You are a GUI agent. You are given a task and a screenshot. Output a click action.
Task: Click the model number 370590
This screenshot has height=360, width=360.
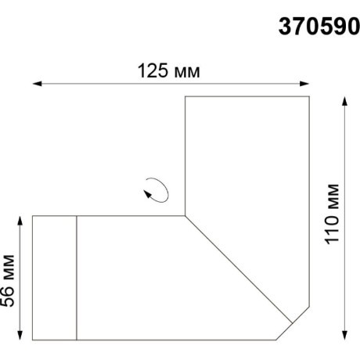[x=317, y=27]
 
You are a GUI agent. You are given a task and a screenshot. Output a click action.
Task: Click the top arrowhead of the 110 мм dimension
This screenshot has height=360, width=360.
[x=345, y=100]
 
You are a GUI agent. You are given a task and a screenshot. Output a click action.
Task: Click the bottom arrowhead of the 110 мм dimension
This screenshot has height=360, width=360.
[x=345, y=337]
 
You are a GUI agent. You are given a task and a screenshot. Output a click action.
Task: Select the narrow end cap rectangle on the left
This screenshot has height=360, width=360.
[x=54, y=277]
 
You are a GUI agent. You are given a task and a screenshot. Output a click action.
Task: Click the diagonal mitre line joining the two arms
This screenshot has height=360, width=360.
[x=239, y=267]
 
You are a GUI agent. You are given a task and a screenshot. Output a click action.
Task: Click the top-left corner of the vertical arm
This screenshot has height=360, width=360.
[x=185, y=96]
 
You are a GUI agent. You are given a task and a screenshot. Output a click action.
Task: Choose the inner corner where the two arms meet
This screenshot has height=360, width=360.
[x=185, y=214]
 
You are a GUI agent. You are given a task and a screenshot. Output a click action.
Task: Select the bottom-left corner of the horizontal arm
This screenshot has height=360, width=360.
[x=32, y=340]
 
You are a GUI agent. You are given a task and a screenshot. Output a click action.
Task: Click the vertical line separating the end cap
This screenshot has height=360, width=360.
[x=77, y=277]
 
